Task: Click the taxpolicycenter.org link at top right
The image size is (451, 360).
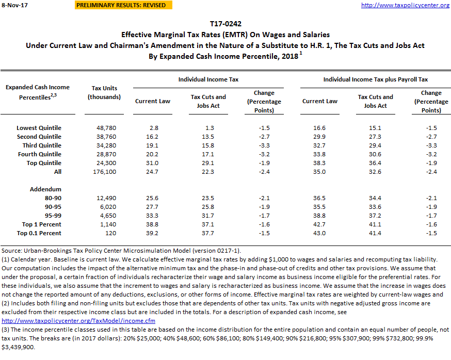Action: click(405, 5)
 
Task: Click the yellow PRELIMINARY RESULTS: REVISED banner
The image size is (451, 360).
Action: click(121, 5)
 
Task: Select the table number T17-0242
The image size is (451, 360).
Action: click(225, 24)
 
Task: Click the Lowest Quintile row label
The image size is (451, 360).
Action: click(39, 128)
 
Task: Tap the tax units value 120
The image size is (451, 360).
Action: click(105, 233)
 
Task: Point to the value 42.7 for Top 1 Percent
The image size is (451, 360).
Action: click(320, 224)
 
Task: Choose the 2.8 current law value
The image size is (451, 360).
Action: click(153, 128)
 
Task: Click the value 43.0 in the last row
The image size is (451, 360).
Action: click(320, 233)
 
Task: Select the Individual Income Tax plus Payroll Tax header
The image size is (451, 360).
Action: click(375, 80)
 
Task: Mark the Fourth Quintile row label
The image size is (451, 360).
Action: click(39, 154)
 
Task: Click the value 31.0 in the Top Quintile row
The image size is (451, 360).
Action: click(153, 163)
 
